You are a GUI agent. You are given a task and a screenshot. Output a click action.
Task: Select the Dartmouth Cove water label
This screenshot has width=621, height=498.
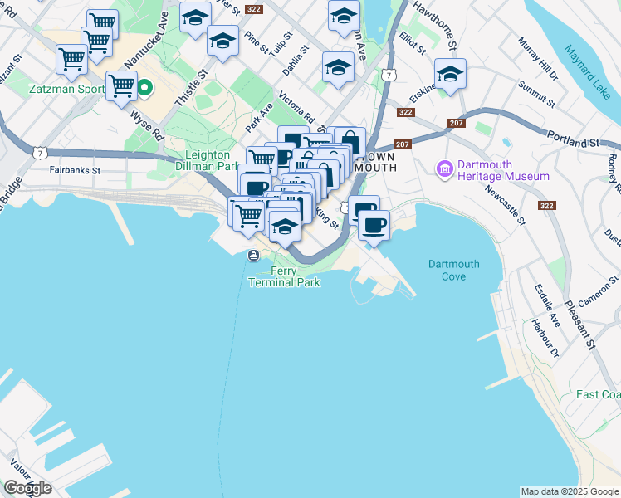pos(453,270)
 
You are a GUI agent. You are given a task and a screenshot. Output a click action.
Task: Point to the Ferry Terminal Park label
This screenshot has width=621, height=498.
pos(284,277)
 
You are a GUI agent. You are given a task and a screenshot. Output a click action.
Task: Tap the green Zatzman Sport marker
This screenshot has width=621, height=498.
pos(144,86)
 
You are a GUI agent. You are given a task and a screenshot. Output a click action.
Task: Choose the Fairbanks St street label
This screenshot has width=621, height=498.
pos(74,170)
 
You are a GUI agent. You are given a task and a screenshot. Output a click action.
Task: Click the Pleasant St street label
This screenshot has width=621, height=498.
pos(579,319)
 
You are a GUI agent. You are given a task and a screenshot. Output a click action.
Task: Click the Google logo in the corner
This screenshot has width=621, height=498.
pos(27,487)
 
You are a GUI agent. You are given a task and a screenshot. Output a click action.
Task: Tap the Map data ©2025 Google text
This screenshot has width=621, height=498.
pos(570,491)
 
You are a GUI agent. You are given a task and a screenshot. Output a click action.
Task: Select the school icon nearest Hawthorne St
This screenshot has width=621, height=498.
pos(450,74)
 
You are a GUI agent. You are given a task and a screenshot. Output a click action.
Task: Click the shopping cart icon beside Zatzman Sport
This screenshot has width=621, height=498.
pos(122,85)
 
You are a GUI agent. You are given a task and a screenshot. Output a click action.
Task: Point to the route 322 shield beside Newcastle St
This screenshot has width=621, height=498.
pos(547,204)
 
